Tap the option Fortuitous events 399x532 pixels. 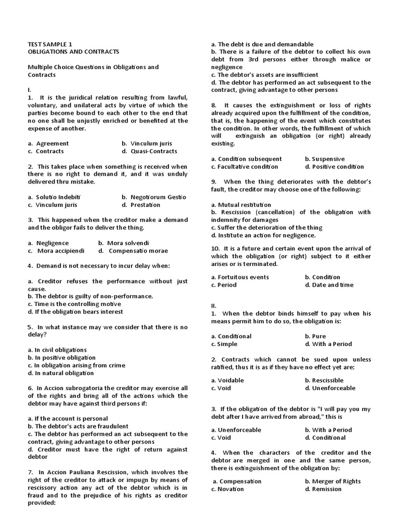click(240, 277)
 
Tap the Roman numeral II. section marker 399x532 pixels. click(214, 306)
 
